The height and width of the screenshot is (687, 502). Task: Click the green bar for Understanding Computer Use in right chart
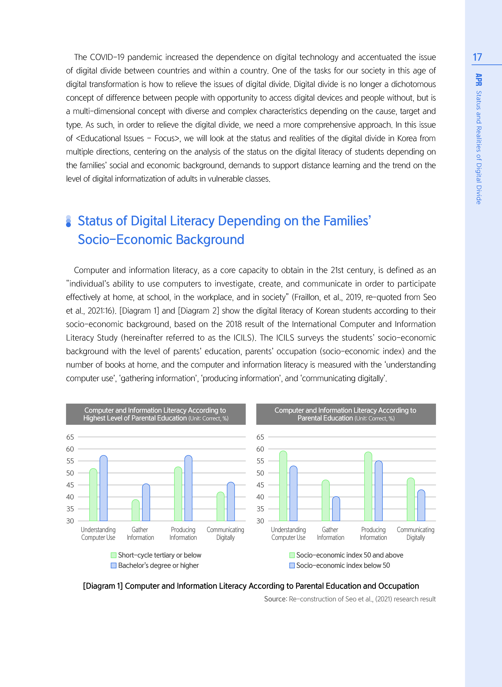point(283,486)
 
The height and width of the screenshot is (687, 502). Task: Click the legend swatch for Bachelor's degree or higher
point(114,565)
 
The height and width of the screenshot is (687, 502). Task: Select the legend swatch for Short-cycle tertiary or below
point(114,555)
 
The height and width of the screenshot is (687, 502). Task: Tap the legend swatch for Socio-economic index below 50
point(292,565)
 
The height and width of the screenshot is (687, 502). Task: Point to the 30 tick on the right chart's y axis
point(260,521)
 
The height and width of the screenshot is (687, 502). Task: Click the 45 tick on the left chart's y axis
point(70,485)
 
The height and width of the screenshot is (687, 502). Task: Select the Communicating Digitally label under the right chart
point(415,534)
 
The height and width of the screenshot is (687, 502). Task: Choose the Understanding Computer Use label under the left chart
point(98,534)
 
